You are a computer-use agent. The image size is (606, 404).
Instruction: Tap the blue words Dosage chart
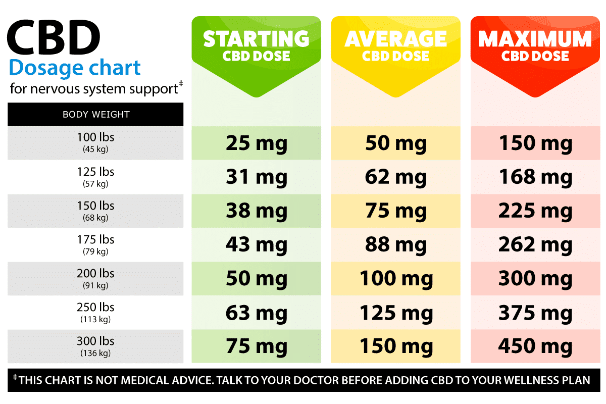point(75,67)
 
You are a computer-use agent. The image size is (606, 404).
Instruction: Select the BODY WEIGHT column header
point(96,115)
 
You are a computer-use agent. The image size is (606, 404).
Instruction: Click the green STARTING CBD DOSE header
point(256,46)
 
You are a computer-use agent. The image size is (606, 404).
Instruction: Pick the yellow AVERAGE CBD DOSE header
point(395,46)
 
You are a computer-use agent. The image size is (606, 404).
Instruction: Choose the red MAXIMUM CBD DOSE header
point(535,46)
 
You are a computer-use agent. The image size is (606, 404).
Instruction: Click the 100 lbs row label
point(95,142)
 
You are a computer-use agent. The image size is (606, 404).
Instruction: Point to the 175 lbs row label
point(95,244)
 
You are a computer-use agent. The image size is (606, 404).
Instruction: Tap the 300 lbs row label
point(95,346)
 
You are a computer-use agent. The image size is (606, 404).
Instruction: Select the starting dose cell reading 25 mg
point(257,143)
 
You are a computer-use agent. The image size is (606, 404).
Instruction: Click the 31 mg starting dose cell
point(257,177)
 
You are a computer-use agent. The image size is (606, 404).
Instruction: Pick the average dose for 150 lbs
point(396,211)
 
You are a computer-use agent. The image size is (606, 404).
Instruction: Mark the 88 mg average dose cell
point(396,245)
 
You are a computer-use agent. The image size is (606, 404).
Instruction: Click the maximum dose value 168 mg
point(535,177)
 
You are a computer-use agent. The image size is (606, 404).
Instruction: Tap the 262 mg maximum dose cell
point(535,245)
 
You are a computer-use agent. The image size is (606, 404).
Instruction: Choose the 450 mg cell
point(535,346)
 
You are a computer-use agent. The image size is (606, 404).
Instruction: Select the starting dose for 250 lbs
point(257,313)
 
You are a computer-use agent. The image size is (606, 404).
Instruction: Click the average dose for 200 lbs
point(396,279)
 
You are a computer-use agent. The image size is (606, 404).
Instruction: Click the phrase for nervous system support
point(94,89)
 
